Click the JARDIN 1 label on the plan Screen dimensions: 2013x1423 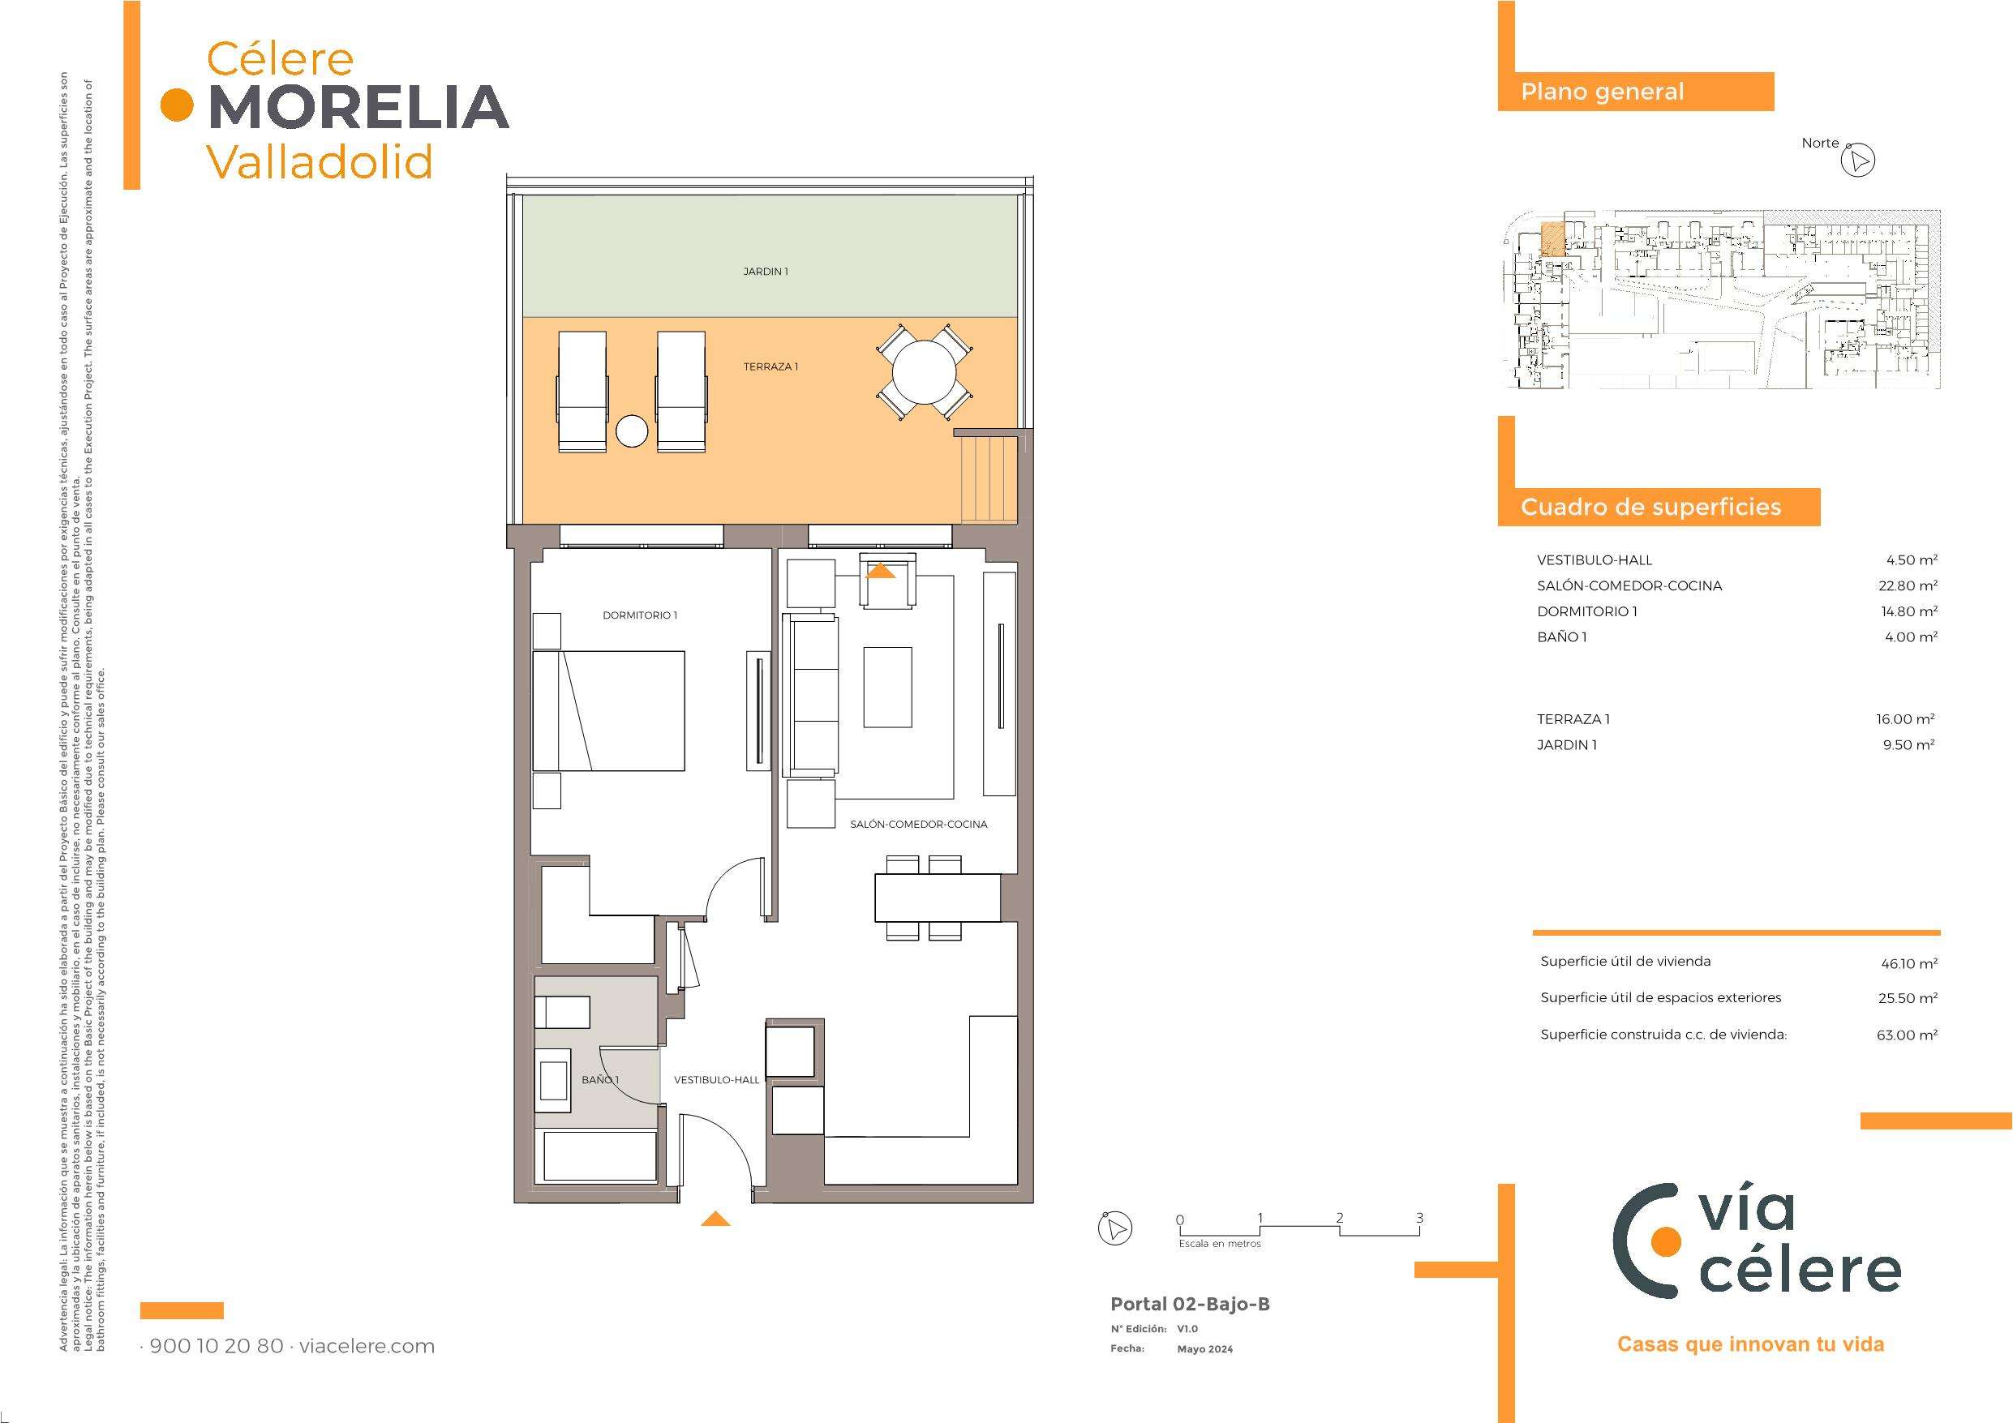pos(766,272)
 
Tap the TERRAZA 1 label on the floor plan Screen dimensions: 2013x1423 pos(770,366)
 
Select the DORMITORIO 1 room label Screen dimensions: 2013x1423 pos(640,615)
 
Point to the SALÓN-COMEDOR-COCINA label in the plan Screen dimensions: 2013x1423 pos(919,824)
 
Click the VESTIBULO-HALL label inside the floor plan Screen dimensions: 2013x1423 pos(716,1080)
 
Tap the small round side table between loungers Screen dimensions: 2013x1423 pos(631,431)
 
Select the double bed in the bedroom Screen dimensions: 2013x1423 pos(608,710)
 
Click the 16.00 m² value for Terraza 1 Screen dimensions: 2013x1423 pos(1905,719)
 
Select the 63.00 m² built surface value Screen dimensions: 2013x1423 pos(1907,1035)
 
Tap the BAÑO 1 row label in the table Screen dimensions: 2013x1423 pos(1561,637)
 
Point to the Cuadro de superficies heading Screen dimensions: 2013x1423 pos(1651,508)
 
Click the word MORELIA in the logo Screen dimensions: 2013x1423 pos(359,106)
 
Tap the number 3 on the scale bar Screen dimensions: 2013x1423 pos(1419,1218)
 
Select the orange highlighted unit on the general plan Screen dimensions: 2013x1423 pos(1552,238)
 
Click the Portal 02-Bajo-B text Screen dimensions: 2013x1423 pos(1190,1304)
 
